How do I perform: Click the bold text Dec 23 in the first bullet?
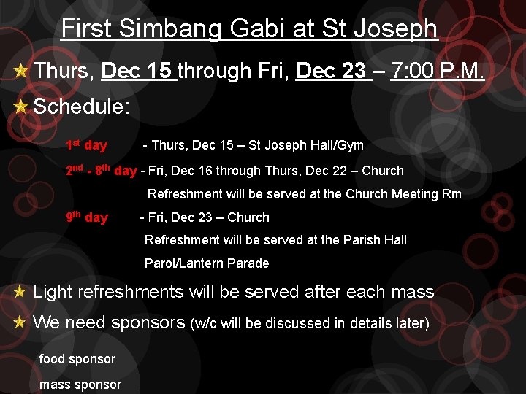point(331,71)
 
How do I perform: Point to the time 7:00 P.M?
point(438,71)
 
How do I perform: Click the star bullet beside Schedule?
point(21,106)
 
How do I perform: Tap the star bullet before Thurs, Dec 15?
point(21,72)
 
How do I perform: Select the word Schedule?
point(82,106)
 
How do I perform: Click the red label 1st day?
point(86,145)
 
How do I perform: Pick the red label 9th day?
point(86,217)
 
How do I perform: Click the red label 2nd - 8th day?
point(101,171)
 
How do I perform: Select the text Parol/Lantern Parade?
point(207,263)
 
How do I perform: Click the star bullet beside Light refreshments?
point(20,292)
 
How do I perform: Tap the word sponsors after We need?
point(149,322)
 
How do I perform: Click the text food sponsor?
point(77,359)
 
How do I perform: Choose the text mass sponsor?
point(80,385)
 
